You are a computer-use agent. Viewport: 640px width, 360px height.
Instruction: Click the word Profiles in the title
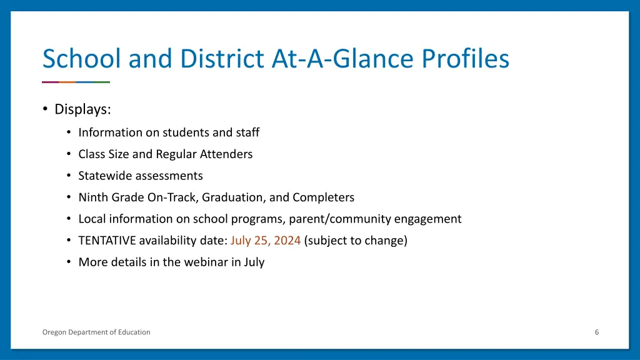(x=466, y=59)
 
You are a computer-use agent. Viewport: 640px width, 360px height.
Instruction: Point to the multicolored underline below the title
(x=76, y=82)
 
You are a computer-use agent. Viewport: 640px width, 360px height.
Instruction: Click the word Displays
(x=82, y=109)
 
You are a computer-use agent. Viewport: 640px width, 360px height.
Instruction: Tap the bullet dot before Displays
(x=45, y=109)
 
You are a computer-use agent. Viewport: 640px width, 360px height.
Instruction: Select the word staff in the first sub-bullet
(x=247, y=132)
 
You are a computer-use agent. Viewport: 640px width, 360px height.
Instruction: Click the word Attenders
(x=226, y=154)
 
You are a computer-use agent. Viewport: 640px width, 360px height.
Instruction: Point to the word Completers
(x=323, y=197)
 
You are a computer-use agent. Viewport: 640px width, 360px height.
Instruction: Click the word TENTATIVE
(x=107, y=241)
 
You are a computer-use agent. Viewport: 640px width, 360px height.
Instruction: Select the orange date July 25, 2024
(x=266, y=241)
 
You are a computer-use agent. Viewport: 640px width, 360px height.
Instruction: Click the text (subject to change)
(x=356, y=241)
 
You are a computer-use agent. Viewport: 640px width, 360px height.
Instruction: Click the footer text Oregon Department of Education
(x=96, y=332)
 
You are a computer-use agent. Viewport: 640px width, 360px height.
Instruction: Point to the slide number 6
(x=597, y=332)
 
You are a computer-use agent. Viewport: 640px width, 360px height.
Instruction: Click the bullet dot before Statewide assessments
(x=68, y=176)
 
